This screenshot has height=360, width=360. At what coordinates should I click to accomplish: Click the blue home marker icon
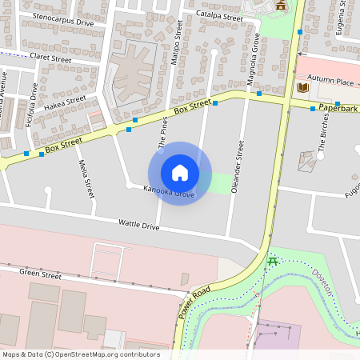tap(180, 173)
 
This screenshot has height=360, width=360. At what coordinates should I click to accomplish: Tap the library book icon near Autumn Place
tap(302, 87)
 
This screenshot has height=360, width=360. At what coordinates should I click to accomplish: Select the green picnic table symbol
tap(272, 261)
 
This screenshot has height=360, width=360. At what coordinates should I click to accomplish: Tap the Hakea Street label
tap(65, 103)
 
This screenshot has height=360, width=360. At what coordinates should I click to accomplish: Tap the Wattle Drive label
tap(138, 225)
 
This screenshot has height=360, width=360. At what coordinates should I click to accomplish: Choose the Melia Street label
tap(85, 178)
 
